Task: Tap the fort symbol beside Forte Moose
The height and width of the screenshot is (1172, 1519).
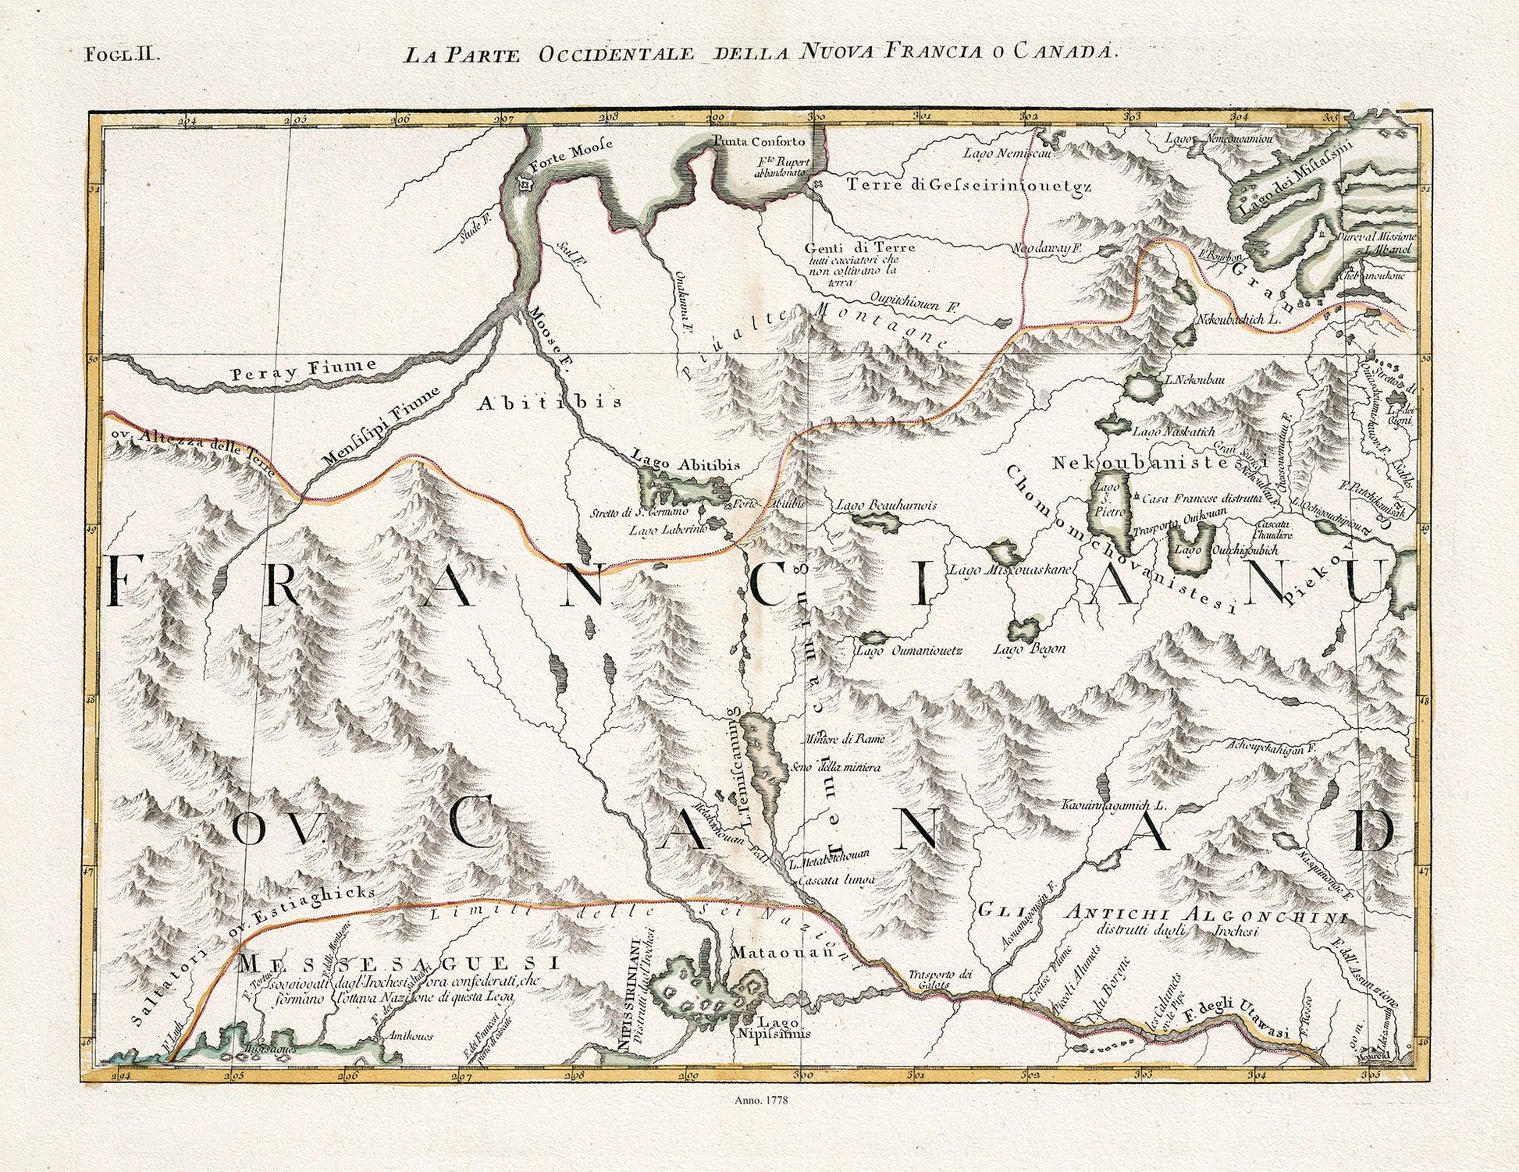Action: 525,184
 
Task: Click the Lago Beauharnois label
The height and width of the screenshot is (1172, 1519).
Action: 886,505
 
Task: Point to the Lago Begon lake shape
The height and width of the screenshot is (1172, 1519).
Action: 1023,628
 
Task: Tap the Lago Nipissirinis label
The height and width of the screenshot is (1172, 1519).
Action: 776,1028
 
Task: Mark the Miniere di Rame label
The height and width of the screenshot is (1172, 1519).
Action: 846,738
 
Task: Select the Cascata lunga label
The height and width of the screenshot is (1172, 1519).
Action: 835,879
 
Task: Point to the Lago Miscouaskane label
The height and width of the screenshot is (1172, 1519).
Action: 1013,570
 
